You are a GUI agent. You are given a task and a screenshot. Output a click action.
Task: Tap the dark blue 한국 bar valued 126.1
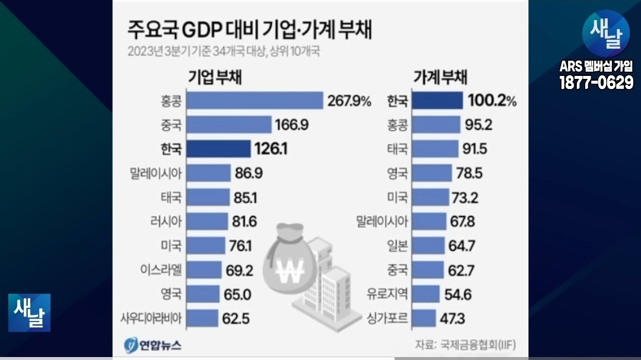click(x=218, y=149)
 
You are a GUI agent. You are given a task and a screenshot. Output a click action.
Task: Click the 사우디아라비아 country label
click(x=150, y=317)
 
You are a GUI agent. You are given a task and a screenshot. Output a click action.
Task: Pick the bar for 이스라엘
click(x=204, y=270)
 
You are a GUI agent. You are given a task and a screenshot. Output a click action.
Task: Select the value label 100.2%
click(x=492, y=101)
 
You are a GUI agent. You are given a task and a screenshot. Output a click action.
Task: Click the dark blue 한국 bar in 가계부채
click(x=438, y=101)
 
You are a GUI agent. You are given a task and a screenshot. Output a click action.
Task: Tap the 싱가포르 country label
click(x=387, y=317)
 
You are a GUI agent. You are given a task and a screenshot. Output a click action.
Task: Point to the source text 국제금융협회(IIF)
click(x=478, y=345)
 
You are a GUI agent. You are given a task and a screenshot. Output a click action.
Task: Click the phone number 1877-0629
click(x=596, y=83)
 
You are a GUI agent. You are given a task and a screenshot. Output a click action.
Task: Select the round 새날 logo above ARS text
click(x=605, y=34)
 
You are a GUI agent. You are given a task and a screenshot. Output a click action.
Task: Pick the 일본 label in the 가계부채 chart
click(x=397, y=245)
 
